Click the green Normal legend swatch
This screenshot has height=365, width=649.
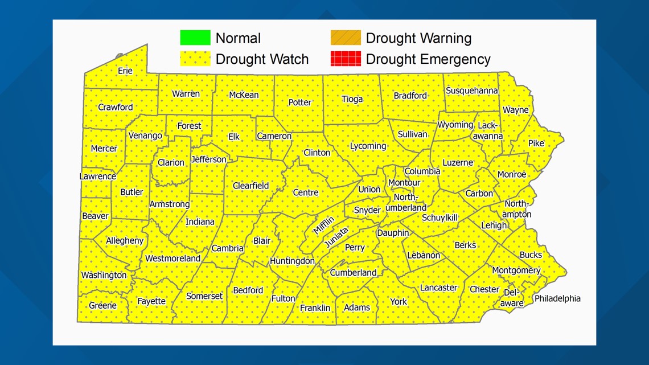point(195,38)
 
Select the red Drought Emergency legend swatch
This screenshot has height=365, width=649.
point(346,59)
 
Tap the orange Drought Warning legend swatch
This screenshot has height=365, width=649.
point(346,38)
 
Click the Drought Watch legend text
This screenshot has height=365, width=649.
point(262,59)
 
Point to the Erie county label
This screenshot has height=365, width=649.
point(125,71)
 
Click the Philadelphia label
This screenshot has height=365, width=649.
point(557,298)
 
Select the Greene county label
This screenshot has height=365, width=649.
point(102,305)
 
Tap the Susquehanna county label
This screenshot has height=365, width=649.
point(471,91)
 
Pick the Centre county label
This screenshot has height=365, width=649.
point(306,192)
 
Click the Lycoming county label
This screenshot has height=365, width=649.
point(368,146)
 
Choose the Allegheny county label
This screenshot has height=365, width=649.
point(125,240)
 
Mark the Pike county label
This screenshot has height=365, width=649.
point(536,143)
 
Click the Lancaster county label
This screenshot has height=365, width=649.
point(438,288)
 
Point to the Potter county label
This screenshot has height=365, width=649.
point(299,102)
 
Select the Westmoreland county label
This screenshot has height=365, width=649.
point(172,259)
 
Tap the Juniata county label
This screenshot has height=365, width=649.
point(336,237)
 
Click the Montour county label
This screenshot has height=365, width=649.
point(404,183)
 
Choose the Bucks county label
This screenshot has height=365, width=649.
point(531,255)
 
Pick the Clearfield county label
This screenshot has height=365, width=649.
point(250,186)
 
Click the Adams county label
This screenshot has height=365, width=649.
point(357,307)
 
